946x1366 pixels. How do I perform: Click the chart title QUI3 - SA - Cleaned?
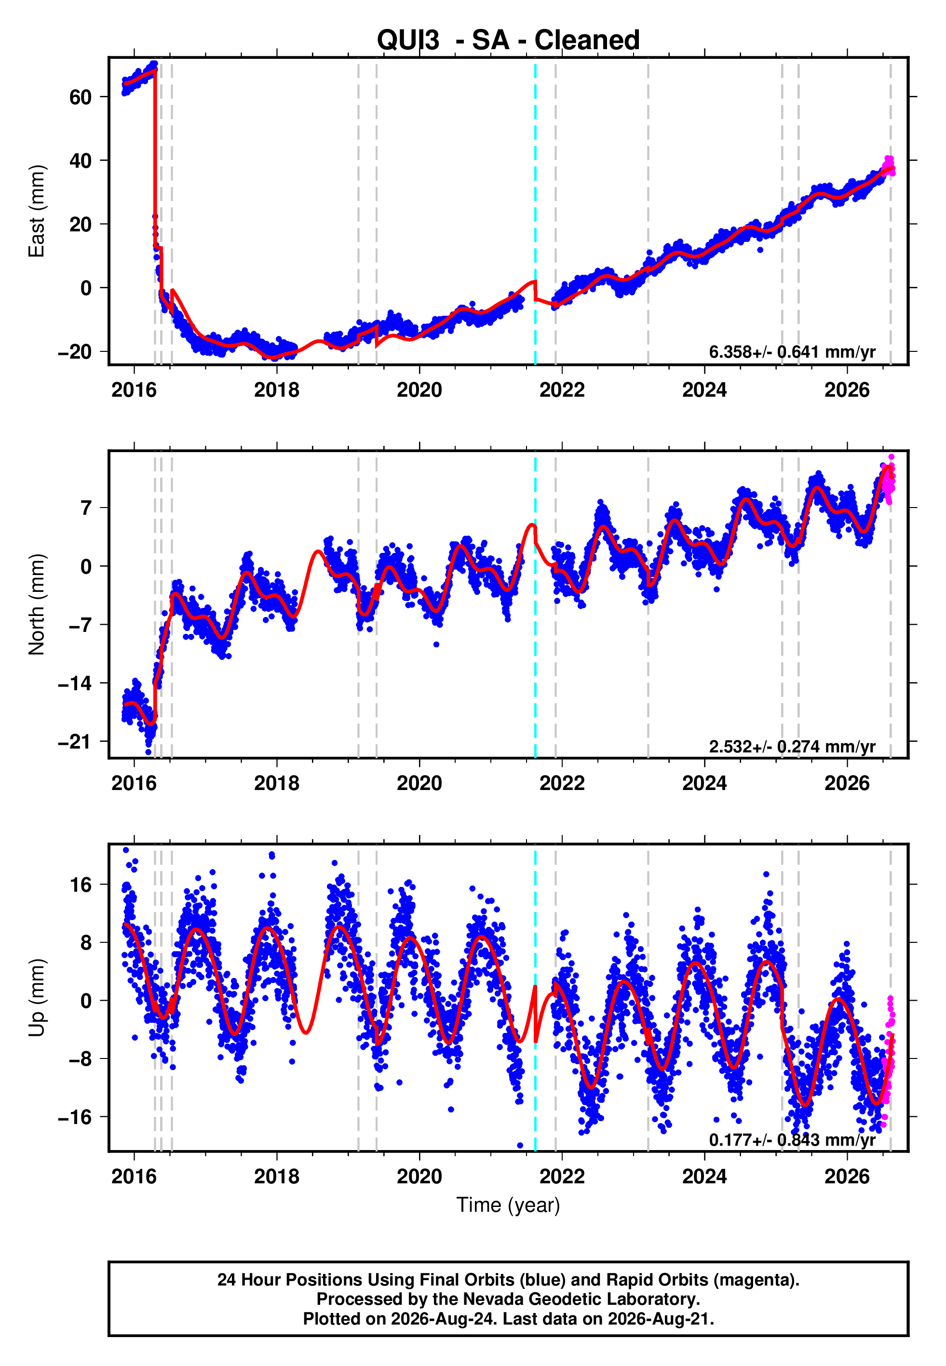tap(508, 40)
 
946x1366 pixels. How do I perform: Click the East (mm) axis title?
tap(37, 211)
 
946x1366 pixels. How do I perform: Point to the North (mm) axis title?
tap(37, 604)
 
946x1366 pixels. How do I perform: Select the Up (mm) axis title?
tap(37, 998)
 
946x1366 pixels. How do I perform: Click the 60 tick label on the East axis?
tap(81, 97)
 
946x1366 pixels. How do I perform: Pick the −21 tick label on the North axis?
tap(75, 742)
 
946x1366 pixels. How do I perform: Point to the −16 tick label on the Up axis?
tap(75, 1117)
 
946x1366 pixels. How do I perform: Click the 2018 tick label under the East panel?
tap(277, 390)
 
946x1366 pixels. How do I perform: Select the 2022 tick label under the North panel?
tap(562, 783)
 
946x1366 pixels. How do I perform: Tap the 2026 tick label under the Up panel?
tap(847, 1177)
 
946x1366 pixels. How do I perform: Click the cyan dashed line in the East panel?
tap(535, 211)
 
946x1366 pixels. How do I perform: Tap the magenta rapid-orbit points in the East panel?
tap(889, 166)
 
